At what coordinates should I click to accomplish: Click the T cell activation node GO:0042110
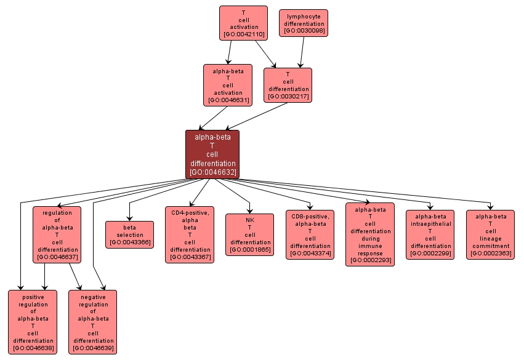[243, 23]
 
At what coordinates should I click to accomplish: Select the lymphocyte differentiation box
[304, 23]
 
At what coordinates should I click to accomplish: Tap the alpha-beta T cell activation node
[228, 85]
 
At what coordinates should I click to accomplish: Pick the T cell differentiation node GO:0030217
[288, 85]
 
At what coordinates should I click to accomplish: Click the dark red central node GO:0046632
[212, 154]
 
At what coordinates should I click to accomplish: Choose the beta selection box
[129, 234]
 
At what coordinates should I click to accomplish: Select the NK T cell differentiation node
[250, 234]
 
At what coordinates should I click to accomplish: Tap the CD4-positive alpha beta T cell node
[190, 234]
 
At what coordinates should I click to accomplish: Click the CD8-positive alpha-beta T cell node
[310, 234]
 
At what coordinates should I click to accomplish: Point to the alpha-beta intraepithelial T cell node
[430, 234]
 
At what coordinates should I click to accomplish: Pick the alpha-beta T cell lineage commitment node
[491, 234]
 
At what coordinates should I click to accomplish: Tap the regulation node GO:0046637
[57, 234]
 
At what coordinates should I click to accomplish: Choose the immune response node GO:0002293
[370, 234]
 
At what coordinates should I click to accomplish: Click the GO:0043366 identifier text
[129, 242]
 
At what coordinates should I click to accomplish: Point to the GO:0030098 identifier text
[304, 31]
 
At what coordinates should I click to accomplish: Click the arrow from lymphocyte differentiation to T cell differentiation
[302, 51]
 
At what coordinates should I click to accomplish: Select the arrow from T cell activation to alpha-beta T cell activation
[229, 52]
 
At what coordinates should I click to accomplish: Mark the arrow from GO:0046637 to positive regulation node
[44, 277]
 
